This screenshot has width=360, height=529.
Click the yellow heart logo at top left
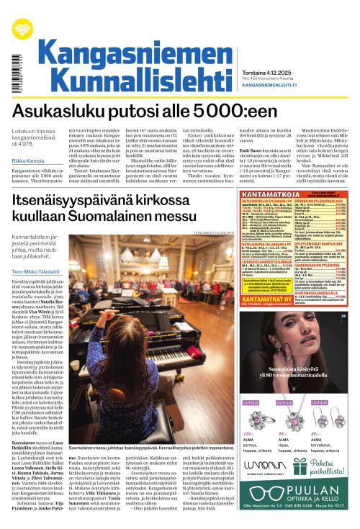pyautogui.click(x=19, y=28)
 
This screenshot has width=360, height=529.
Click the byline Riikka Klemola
pyautogui.click(x=27, y=160)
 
